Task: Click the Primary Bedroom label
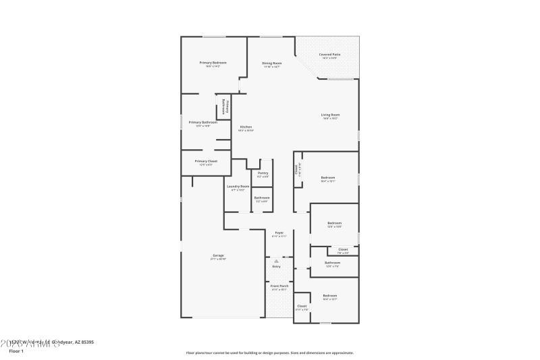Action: point(213,63)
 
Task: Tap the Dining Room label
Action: point(271,63)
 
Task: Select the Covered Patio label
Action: point(329,55)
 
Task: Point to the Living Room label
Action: point(330,115)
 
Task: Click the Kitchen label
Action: point(246,127)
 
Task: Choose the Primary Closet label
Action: point(206,161)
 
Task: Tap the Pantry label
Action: point(263,173)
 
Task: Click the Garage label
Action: point(219,255)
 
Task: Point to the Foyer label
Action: point(279,232)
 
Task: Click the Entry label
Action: point(276,267)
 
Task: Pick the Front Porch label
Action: point(279,286)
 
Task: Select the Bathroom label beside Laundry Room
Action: point(262,198)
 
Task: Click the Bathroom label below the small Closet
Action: point(332,263)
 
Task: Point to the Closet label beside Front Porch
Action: point(302,306)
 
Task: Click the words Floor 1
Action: point(16,351)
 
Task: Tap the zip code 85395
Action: point(86,342)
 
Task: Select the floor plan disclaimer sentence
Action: point(269,353)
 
